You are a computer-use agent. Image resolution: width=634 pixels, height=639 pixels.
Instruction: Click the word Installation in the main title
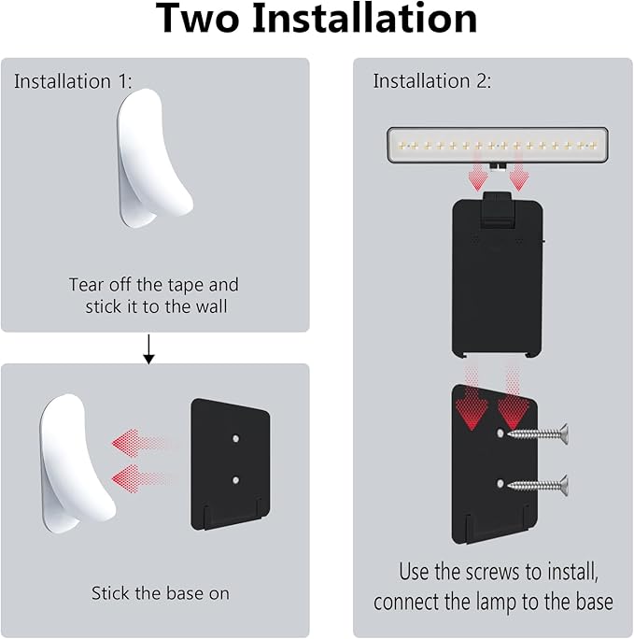[364, 19]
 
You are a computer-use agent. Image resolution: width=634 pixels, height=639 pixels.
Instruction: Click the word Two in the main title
[197, 19]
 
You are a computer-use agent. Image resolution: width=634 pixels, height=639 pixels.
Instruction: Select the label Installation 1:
[73, 81]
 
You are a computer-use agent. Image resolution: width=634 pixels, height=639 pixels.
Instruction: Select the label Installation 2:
[432, 80]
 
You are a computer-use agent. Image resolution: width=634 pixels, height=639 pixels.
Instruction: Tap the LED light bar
[498, 145]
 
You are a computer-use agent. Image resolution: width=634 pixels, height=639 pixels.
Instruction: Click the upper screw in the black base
[538, 434]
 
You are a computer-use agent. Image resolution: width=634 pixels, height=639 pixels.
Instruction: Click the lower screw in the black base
[538, 485]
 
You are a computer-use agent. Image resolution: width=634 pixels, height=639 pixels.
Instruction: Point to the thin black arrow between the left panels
[149, 349]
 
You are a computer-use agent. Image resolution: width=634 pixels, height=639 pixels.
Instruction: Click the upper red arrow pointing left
[138, 443]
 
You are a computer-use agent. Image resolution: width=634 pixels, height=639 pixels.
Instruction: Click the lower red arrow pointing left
[138, 478]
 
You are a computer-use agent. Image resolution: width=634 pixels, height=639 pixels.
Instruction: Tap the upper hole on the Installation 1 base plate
[235, 439]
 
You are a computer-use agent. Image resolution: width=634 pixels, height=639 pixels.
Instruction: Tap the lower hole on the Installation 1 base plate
[235, 480]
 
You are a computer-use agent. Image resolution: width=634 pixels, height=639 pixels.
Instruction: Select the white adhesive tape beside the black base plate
[77, 463]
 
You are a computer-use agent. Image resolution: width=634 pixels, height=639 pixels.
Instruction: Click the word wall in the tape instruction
[210, 306]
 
